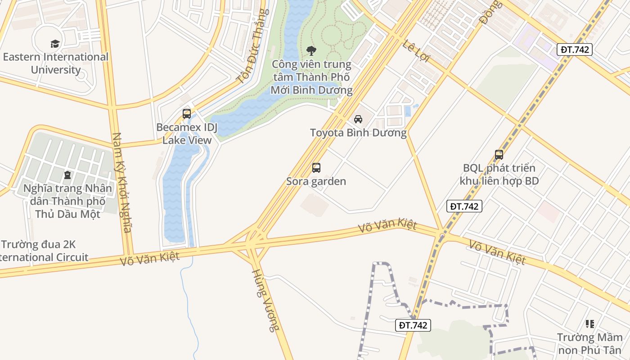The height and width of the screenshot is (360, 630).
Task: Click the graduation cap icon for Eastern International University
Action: tap(55, 44)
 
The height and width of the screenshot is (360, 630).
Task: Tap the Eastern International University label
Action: tap(56, 63)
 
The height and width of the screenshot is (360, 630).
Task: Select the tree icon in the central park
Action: tap(311, 50)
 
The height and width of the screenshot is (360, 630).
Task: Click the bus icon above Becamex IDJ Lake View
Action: tap(187, 114)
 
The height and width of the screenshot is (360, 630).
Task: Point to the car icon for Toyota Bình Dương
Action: tap(358, 119)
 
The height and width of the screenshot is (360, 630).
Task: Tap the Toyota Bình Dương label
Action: tap(358, 133)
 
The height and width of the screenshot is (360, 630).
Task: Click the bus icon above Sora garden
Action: tap(316, 168)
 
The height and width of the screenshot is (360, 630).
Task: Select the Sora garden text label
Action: tap(316, 181)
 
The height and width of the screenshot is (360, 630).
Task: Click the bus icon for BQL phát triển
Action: tap(499, 155)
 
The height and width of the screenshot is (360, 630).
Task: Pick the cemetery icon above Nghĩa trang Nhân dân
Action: tap(67, 175)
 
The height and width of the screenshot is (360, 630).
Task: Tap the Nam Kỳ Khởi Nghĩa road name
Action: tap(122, 182)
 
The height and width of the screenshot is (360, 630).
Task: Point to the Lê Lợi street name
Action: tap(416, 51)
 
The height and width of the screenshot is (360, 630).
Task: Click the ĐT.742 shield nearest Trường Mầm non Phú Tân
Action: tap(414, 325)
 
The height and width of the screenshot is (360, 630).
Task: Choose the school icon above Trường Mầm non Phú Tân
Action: tap(589, 324)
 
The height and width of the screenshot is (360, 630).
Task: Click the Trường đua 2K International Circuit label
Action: tap(44, 251)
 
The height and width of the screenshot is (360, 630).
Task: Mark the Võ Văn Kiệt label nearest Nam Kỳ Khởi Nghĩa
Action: tap(150, 258)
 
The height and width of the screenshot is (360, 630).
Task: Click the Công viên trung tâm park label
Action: tap(311, 77)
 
